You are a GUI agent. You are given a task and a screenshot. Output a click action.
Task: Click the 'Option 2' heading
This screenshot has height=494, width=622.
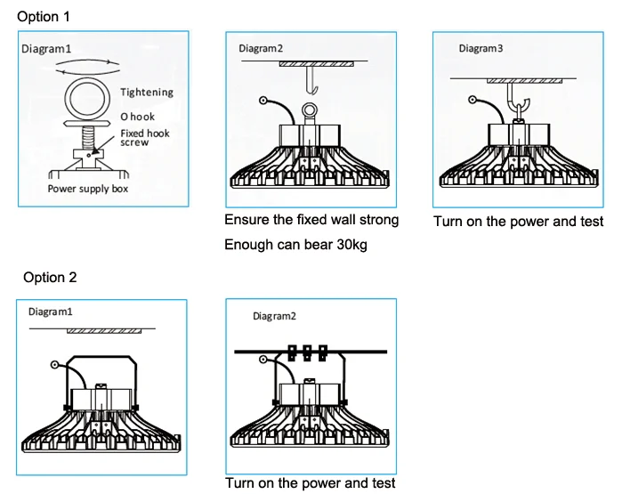50,278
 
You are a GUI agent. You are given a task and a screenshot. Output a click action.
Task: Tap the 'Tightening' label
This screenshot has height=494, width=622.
147,93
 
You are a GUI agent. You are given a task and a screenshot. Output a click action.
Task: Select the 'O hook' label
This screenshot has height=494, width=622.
138,117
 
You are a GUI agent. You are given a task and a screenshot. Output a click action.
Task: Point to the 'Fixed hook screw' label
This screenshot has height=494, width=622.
145,138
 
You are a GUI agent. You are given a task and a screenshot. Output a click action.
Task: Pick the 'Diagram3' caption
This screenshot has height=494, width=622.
481,49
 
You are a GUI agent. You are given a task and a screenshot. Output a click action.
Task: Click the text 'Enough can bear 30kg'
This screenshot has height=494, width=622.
295,245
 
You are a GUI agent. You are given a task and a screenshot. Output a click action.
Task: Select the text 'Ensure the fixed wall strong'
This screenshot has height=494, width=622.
311,220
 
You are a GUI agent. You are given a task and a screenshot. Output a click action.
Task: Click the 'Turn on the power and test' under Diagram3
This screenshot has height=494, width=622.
519,222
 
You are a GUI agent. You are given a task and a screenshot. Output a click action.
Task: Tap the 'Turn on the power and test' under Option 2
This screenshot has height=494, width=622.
310,483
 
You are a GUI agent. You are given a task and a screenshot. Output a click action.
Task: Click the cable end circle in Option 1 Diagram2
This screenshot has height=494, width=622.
263,101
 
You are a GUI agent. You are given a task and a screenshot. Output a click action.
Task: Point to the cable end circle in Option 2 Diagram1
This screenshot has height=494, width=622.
55,364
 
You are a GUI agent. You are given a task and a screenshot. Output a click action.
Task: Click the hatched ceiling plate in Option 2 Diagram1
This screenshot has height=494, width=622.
104,329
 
